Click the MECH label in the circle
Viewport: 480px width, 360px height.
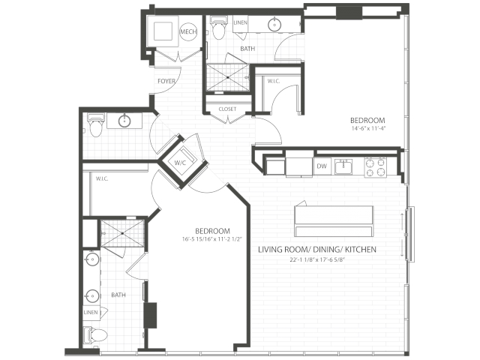tap(188, 31)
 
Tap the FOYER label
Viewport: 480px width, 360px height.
tap(166, 81)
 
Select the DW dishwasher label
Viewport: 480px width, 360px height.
tap(322, 166)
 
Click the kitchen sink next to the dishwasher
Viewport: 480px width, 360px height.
tap(343, 166)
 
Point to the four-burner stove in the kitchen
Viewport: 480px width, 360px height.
tap(376, 167)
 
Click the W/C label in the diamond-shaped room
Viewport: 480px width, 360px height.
tap(180, 163)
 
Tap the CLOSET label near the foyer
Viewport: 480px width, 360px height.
tap(227, 109)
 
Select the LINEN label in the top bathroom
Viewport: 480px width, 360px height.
tap(240, 22)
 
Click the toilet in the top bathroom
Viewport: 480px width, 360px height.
tap(218, 28)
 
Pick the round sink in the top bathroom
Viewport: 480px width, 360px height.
tap(274, 25)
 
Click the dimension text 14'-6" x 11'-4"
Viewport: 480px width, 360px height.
tap(368, 128)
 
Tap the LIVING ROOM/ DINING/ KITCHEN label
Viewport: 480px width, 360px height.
tap(317, 250)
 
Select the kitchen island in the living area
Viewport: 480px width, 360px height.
tap(334, 221)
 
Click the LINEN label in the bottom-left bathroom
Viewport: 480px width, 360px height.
tap(91, 313)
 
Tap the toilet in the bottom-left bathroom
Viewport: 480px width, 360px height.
tap(95, 335)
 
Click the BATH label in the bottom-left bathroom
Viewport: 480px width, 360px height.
tap(118, 295)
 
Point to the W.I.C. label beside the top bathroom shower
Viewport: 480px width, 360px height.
tap(274, 81)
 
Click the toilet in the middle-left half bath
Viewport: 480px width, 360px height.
tap(96, 125)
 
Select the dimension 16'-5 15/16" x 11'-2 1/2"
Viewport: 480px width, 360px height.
tap(212, 239)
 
